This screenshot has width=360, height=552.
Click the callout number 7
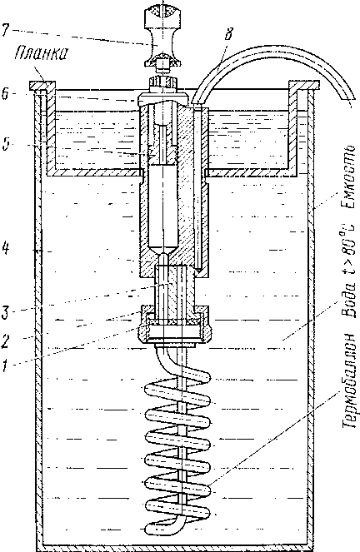(x=6, y=31)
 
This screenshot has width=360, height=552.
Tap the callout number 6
(x=5, y=95)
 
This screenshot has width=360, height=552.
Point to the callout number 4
(x=6, y=249)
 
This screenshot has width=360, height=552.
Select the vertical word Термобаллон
(x=350, y=383)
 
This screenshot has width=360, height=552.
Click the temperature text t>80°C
(x=350, y=247)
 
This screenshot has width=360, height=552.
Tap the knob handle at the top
(x=163, y=34)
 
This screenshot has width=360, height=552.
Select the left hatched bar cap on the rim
(x=42, y=86)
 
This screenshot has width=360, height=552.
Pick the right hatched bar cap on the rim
(x=304, y=85)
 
